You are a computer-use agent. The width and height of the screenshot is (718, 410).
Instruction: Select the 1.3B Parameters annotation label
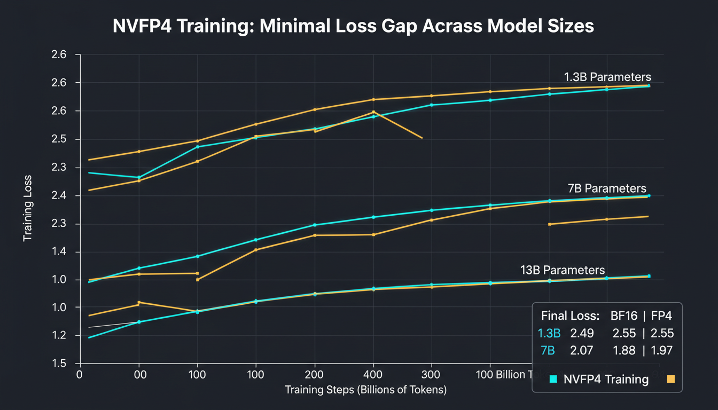(x=607, y=76)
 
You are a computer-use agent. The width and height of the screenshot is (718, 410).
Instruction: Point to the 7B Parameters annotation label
(x=607, y=188)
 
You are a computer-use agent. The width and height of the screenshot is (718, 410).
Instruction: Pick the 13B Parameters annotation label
(x=563, y=270)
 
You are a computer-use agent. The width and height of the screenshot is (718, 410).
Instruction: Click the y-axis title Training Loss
(x=27, y=208)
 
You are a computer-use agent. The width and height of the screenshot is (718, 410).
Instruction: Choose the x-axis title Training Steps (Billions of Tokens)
(x=366, y=390)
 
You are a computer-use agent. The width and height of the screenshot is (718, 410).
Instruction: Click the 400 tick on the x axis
(x=373, y=374)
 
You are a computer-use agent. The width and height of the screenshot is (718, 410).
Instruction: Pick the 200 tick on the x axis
(x=315, y=374)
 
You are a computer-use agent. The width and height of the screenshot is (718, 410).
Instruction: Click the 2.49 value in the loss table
(x=582, y=334)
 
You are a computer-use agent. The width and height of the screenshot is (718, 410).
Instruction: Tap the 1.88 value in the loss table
(x=624, y=351)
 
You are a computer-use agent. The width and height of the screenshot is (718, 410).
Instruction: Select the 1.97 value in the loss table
(x=662, y=351)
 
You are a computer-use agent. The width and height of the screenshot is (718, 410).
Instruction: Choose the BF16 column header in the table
(x=623, y=315)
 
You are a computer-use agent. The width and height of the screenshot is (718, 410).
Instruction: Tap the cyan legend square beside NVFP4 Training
(x=553, y=379)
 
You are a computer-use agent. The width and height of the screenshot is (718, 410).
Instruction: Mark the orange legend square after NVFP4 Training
(x=671, y=379)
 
